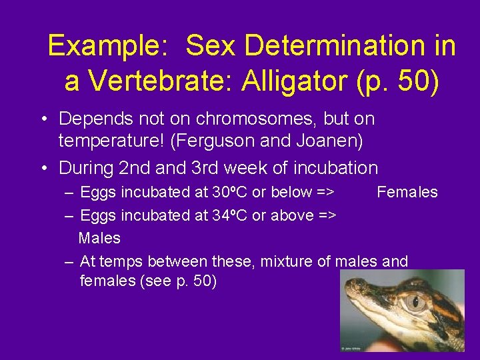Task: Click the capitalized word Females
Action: pyautogui.click(x=407, y=193)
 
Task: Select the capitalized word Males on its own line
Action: pyautogui.click(x=99, y=238)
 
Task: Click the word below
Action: pyautogui.click(x=293, y=193)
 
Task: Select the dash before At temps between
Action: pyautogui.click(x=69, y=261)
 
